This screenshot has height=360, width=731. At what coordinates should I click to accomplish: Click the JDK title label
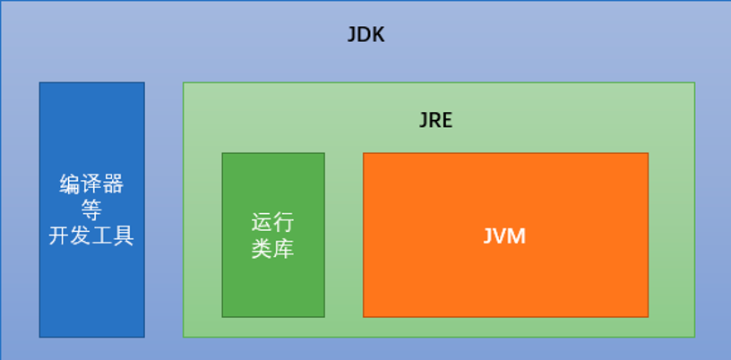tap(365, 36)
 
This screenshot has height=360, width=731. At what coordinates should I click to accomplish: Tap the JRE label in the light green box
tap(435, 120)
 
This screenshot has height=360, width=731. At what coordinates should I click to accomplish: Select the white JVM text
tap(504, 236)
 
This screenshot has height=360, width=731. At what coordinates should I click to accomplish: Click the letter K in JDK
tap(377, 36)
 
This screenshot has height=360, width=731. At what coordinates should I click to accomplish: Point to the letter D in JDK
tap(364, 36)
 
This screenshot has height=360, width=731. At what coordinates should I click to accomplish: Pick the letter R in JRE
tap(434, 120)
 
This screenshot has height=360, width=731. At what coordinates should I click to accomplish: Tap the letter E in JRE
tap(446, 120)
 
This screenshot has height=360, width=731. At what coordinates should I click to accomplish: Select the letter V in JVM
tap(502, 236)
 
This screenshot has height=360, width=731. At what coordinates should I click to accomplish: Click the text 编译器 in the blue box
tap(91, 185)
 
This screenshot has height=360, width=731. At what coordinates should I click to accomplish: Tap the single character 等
tap(91, 210)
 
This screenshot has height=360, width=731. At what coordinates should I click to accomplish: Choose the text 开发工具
tap(91, 236)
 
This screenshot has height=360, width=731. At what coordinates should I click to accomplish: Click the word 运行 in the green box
tap(272, 223)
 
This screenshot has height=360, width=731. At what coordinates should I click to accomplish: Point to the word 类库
tap(272, 249)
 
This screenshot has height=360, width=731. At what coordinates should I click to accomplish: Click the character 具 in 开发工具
tap(123, 236)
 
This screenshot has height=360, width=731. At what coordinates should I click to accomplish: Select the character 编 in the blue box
tap(70, 185)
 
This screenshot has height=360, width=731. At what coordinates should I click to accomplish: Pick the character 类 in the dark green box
tap(262, 249)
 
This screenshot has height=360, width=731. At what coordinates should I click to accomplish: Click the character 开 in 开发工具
tap(59, 236)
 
